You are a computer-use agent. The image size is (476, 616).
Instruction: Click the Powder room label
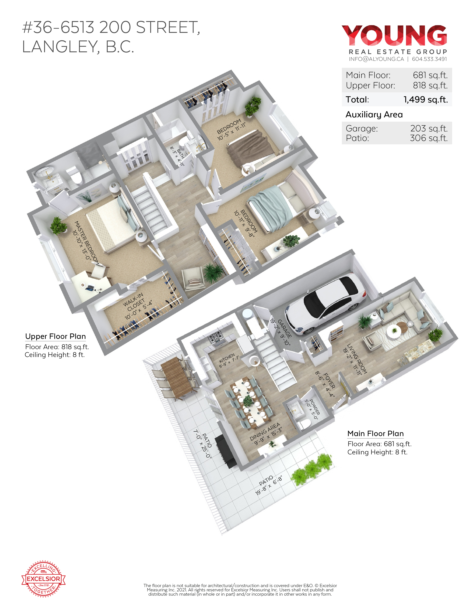[x=313, y=409]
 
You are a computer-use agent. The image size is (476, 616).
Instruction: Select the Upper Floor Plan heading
[x=56, y=336]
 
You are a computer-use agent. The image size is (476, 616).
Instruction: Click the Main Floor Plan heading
[x=375, y=433]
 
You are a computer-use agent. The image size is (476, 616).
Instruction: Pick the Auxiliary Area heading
[x=374, y=115]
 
